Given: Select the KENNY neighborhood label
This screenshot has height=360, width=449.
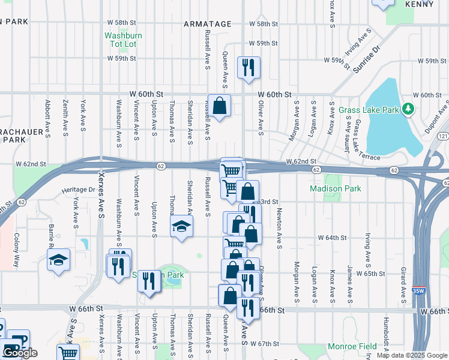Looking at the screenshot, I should [x=419, y=4].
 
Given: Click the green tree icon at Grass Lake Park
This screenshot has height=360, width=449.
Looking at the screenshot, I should [x=408, y=109].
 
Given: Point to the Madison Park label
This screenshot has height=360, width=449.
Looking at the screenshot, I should [x=336, y=188].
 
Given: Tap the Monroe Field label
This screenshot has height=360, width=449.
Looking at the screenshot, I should [x=352, y=346].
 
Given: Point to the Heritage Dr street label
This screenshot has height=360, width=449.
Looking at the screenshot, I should [x=77, y=190].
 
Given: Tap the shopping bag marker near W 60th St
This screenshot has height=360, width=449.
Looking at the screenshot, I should [x=220, y=106].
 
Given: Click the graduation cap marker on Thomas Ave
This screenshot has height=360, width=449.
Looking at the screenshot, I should [x=181, y=227].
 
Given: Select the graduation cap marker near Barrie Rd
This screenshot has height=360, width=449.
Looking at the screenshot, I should [x=59, y=260].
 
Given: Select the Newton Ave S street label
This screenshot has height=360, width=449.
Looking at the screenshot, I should [x=279, y=228].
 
